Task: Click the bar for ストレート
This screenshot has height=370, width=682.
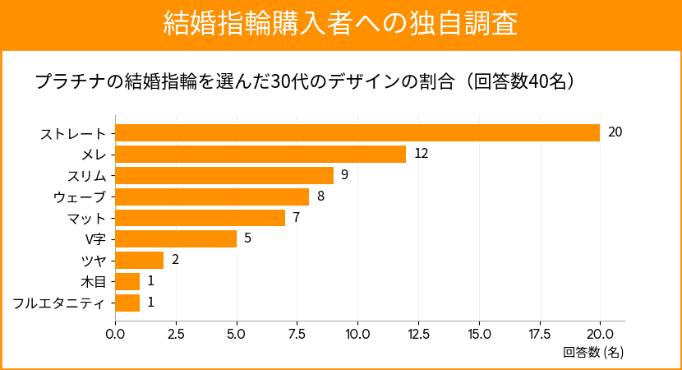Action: pyautogui.click(x=357, y=132)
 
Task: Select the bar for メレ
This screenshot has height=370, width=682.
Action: pyautogui.click(x=260, y=154)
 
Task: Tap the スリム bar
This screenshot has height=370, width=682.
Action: pyautogui.click(x=224, y=175)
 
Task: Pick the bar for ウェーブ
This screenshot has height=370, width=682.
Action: pyautogui.click(x=212, y=197)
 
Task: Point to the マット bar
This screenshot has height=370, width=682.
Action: pyautogui.click(x=200, y=218)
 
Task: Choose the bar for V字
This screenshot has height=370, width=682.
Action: pyautogui.click(x=176, y=239)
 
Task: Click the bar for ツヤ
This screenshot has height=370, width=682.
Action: pyautogui.click(x=140, y=261)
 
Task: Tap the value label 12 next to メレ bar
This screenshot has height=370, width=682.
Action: pyautogui.click(x=422, y=154)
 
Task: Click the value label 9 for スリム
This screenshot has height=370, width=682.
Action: pyautogui.click(x=345, y=175)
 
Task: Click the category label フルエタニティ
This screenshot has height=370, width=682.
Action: pyautogui.click(x=59, y=303)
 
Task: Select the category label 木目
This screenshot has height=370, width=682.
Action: pyautogui.click(x=95, y=282)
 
